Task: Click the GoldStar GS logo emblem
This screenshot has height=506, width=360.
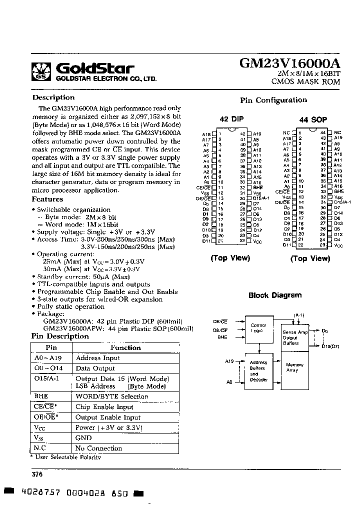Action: tap(41, 71)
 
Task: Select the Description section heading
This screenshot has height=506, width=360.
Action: tap(53, 97)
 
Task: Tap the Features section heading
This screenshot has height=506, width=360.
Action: tap(47, 199)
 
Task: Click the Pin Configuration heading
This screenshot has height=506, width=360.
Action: tap(273, 100)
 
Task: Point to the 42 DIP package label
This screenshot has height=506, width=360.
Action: tap(231, 119)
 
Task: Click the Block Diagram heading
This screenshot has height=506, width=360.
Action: tap(275, 295)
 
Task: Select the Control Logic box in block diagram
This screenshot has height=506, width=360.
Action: tap(258, 328)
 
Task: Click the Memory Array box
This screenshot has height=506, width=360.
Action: tap(294, 367)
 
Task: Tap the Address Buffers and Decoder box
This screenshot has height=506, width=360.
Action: tap(258, 371)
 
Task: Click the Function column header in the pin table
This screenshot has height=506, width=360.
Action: tap(125, 347)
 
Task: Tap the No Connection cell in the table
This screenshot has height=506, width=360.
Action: tap(98, 448)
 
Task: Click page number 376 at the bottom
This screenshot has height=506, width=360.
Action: tap(37, 474)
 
